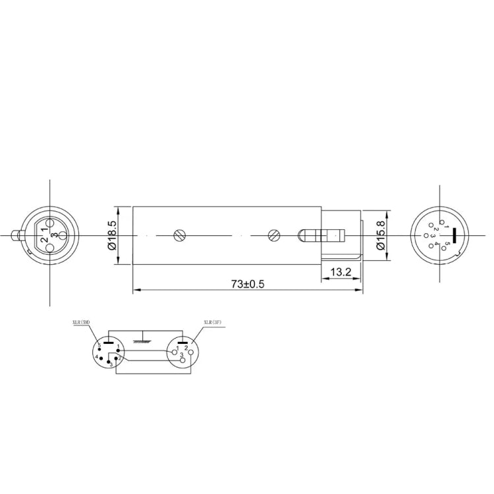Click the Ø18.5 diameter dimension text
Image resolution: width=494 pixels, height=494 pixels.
coord(111,234)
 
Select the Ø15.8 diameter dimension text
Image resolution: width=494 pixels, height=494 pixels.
coord(381,235)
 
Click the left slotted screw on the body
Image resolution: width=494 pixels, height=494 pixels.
coord(179,234)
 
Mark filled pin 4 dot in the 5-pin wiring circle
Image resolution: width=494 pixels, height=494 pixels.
coord(101,358)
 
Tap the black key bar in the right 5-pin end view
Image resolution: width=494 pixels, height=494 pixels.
coord(454,234)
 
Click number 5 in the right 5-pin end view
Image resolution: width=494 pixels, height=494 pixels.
coord(448,243)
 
